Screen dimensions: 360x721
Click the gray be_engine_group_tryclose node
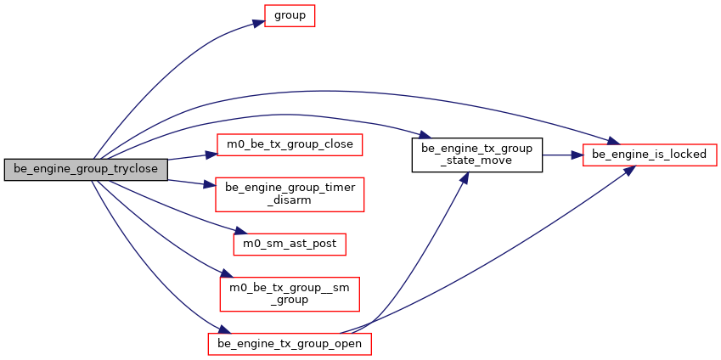pos(85,169)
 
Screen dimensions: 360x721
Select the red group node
pos(290,16)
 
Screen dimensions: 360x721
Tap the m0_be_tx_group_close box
pos(290,145)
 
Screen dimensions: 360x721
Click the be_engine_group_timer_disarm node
pos(290,194)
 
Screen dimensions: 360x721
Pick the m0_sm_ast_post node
pos(290,244)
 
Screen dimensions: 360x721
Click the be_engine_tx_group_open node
pos(290,344)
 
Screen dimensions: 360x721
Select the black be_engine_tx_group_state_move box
pos(476,155)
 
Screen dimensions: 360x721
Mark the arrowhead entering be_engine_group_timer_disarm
pos(211,185)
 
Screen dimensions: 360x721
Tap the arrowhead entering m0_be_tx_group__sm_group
pos(225,276)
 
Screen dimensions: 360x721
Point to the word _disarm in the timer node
pos(290,200)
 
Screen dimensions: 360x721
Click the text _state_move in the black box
pos(476,162)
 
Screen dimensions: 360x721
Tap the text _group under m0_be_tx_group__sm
pos(290,300)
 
